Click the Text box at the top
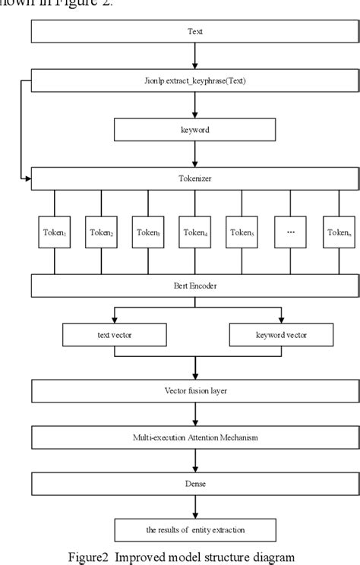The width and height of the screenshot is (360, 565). pos(195,33)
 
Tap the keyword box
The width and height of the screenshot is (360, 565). pos(195,130)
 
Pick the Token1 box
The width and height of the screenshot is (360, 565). pos(54,232)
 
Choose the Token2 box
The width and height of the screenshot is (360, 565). pos(101,232)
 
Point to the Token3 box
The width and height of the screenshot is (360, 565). pos(148,232)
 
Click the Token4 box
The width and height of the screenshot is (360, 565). pos(195,232)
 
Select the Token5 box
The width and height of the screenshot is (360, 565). pos(242,232)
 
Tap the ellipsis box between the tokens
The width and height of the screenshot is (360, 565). pos(289,232)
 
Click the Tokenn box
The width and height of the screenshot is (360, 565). pos(337,232)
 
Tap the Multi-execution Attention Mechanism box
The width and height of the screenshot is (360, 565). pos(195,437)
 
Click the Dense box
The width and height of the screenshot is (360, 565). pos(195,484)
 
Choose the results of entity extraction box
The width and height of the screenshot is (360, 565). pos(195,529)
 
